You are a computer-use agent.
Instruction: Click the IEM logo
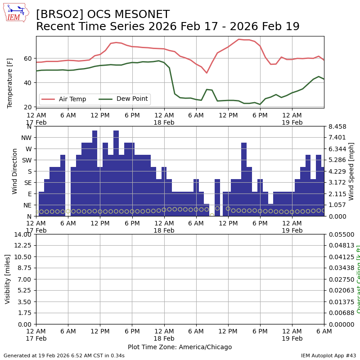coord(16,13)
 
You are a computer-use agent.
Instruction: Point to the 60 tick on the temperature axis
coord(27,58)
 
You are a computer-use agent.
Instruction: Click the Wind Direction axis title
coord(15,171)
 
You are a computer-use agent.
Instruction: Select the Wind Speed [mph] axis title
coord(351,171)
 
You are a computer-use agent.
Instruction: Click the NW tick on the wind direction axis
coord(27,138)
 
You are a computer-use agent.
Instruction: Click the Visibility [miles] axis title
coord(8,279)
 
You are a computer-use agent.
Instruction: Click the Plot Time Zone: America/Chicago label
coord(180,347)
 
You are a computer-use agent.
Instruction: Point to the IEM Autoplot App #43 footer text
coord(328,355)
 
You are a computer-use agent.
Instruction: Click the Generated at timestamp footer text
coord(64,355)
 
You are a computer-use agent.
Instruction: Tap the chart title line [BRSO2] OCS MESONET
coord(103,15)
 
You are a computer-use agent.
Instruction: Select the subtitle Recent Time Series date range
coord(167,27)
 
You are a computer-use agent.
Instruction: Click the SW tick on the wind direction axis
coord(27,160)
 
